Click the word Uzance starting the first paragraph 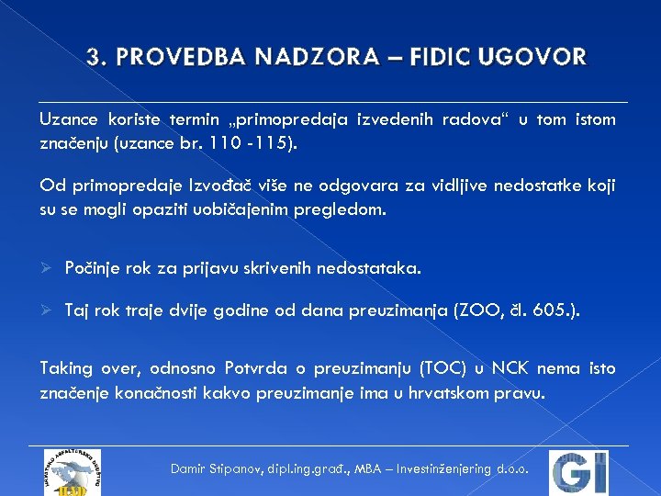[x=67, y=119]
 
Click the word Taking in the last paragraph [x=66, y=368]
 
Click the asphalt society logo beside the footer [x=72, y=472]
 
